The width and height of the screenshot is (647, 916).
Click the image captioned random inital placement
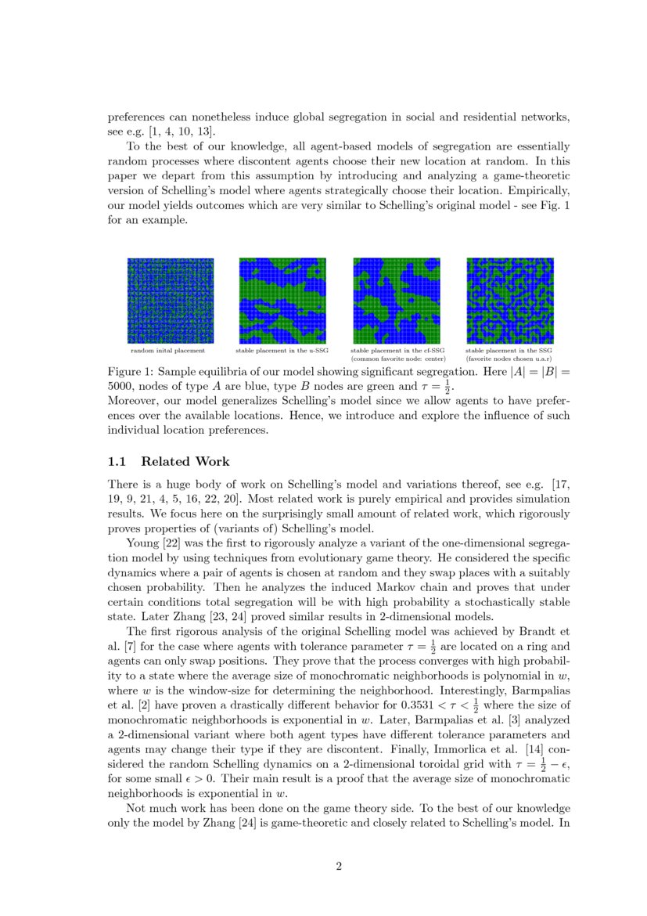(171, 301)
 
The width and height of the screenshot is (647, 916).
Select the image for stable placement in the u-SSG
(282, 301)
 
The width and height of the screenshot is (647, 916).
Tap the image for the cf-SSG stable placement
(396, 301)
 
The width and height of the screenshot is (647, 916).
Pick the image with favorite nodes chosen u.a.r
(509, 301)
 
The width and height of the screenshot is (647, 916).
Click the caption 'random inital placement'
(167, 352)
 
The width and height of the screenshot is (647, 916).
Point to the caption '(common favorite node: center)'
(398, 359)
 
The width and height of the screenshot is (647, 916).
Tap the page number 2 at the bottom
(339, 866)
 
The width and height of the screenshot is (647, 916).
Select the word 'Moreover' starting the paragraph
(133, 402)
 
